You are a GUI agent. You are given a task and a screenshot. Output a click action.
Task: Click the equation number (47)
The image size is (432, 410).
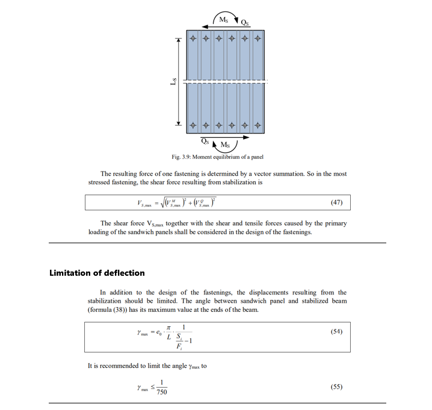point(337,203)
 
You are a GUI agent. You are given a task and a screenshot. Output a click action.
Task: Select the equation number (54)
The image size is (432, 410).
point(337,332)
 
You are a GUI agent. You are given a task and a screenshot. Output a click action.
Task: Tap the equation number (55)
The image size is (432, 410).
point(337,386)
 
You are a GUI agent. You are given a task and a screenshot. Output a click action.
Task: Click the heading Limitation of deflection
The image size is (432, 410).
point(97,273)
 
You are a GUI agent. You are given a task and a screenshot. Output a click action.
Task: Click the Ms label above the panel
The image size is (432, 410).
point(223,19)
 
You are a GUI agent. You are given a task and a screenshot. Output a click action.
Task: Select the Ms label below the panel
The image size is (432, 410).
point(226,144)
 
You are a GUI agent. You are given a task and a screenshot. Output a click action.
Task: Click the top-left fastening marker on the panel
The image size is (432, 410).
point(193,39)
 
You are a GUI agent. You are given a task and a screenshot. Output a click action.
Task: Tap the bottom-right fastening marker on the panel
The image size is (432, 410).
point(258,125)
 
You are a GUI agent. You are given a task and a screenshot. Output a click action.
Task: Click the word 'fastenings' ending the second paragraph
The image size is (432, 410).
point(297,232)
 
